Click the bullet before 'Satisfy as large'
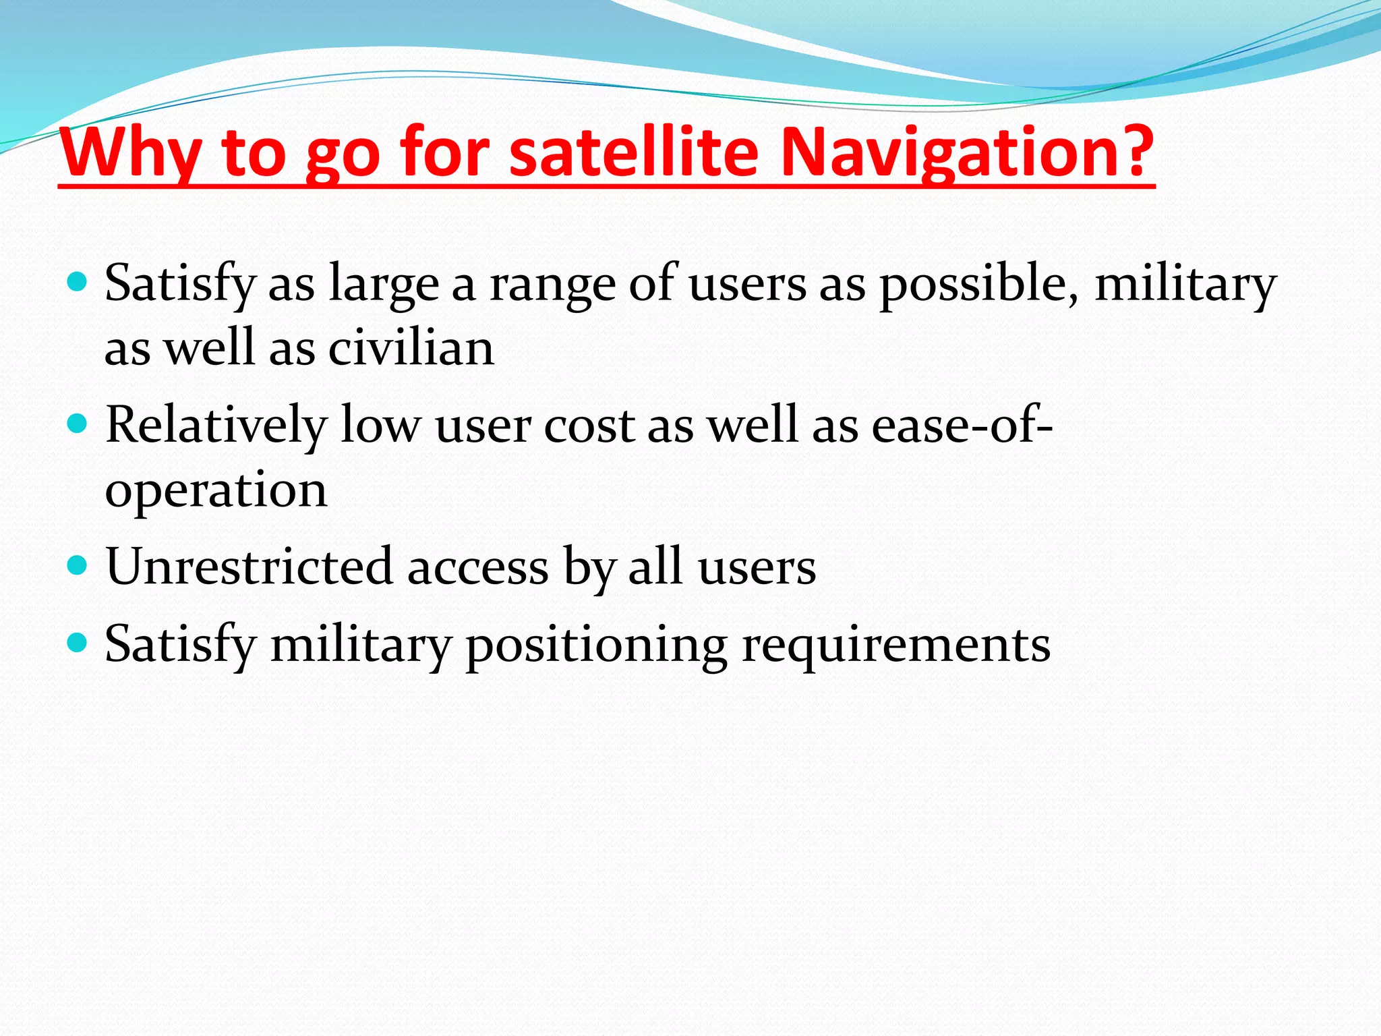[x=78, y=281]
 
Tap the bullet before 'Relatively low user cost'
[x=78, y=424]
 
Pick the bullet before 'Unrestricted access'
[x=78, y=565]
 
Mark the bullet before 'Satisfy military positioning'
[x=78, y=642]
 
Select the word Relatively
[x=216, y=425]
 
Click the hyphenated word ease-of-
[x=962, y=425]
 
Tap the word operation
[x=216, y=491]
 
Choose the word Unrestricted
[x=249, y=567]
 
